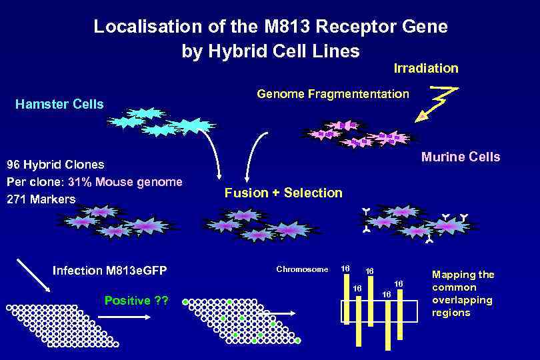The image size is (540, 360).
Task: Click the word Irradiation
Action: coord(426,68)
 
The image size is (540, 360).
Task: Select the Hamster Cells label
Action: coord(59,104)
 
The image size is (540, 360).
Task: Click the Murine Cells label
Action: coord(460,157)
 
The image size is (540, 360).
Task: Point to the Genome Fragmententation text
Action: coord(333,94)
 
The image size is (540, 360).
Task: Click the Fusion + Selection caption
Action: coord(283,193)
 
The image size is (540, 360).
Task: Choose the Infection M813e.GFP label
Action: coord(109,270)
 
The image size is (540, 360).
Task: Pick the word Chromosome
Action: coord(302,269)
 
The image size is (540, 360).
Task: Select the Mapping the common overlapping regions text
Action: coord(463,293)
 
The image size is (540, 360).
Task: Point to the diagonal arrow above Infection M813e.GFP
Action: coord(33,275)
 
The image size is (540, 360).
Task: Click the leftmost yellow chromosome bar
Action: coord(358,320)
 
